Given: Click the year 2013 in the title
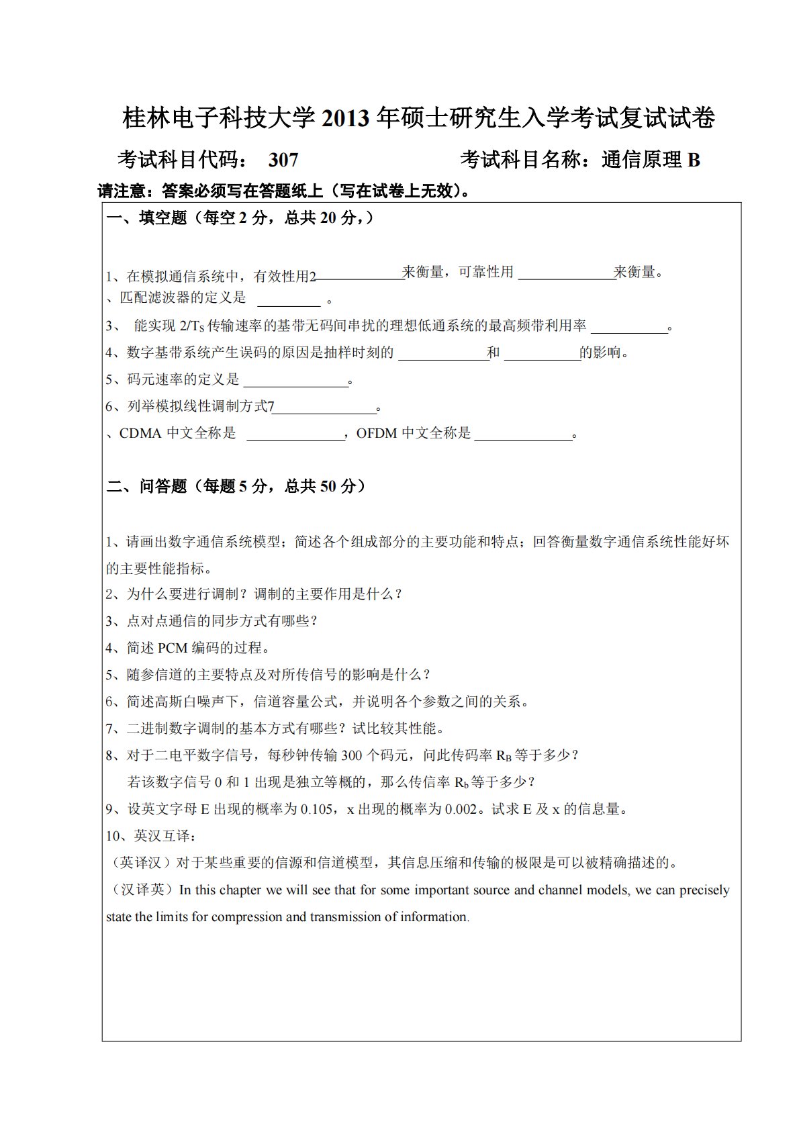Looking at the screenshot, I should pos(346,119).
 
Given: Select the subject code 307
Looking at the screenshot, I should pos(283,160).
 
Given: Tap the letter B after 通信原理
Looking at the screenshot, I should pos(694,160).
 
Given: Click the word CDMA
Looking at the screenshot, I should pos(140,434).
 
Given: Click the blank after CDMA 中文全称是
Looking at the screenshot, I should pos(295,435).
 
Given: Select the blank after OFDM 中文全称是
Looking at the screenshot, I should pos(523,435).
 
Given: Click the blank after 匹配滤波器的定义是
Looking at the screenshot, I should pos(289,300).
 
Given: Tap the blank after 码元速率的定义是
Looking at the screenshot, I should pos(295,381).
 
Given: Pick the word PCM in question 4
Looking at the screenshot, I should pos(173,649).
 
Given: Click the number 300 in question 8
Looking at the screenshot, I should pos(352,756).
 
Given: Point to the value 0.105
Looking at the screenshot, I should pos(317,810).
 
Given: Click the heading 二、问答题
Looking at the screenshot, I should pos(146,487).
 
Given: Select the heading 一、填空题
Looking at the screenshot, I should pos(146,218).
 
